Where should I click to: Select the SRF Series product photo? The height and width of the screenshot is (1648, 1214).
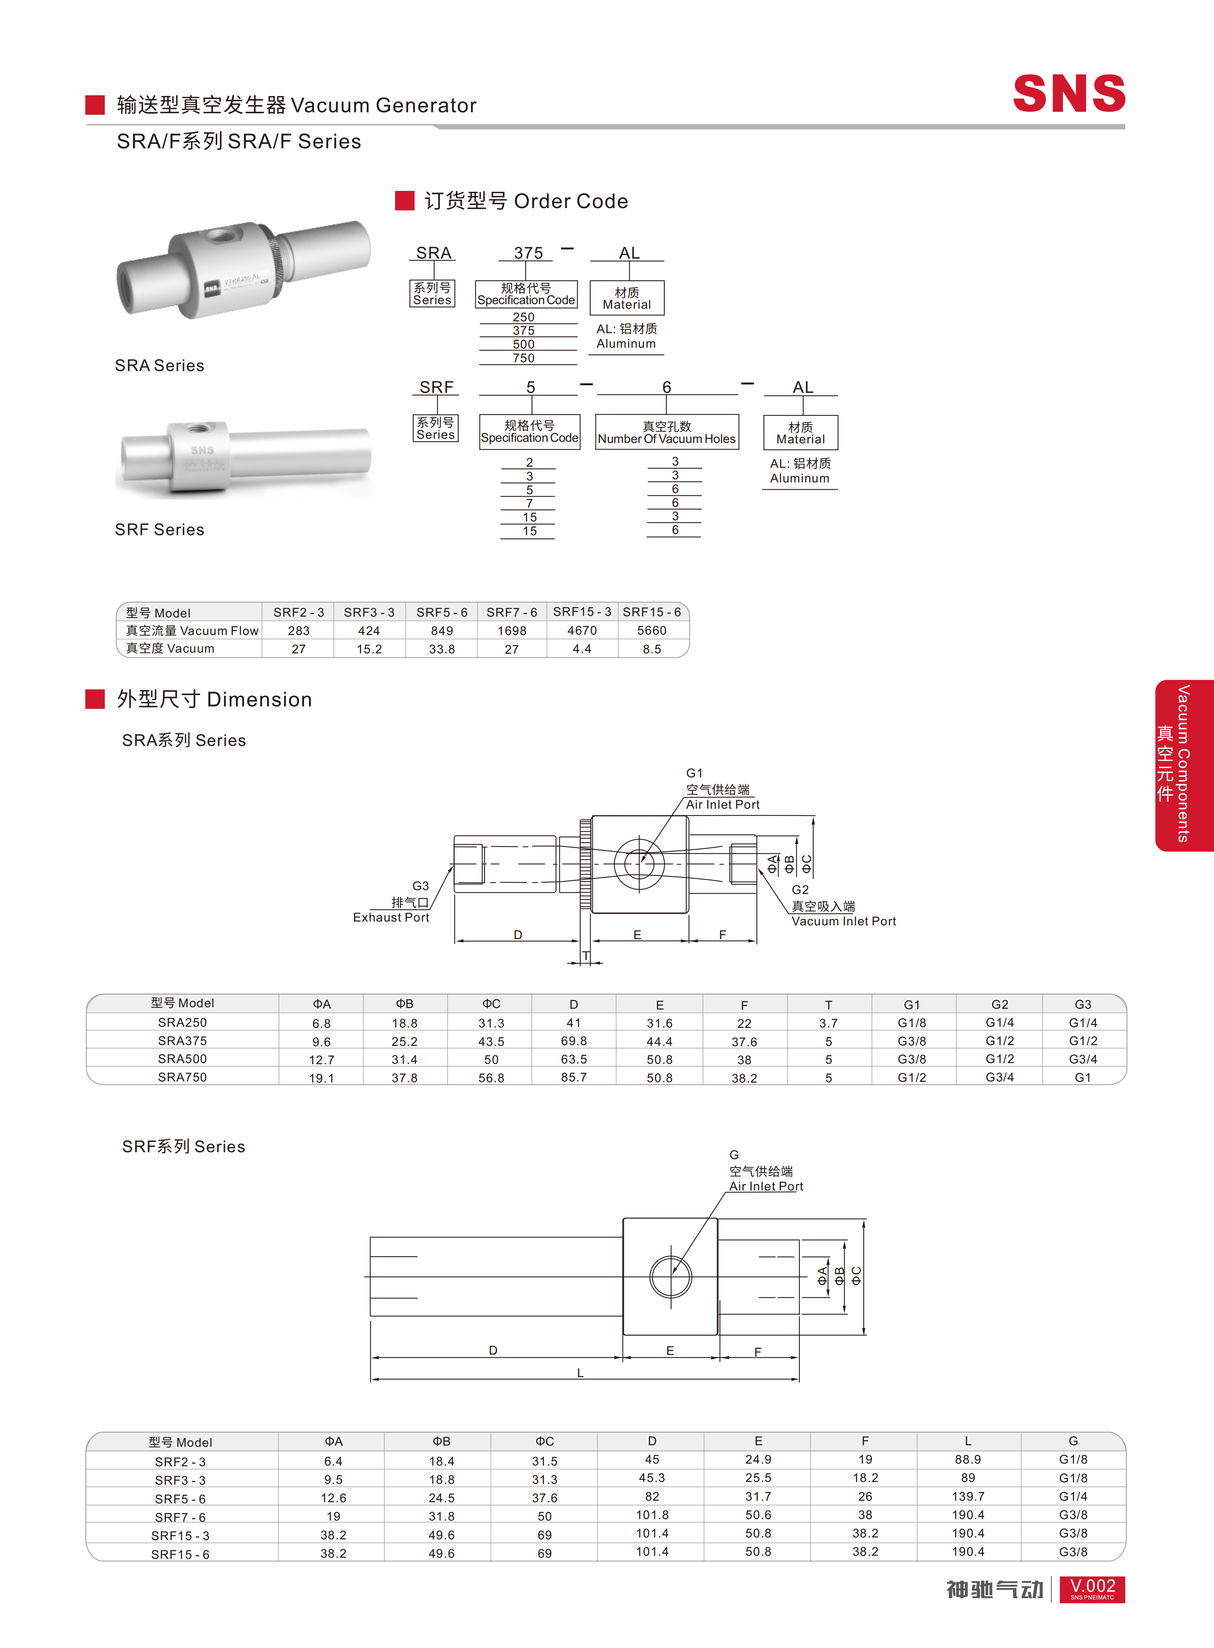pos(246,459)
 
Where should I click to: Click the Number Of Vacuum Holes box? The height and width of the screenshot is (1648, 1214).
pos(667,432)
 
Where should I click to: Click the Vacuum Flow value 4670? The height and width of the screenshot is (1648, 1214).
pos(582,631)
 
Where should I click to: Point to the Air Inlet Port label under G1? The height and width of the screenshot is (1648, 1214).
pos(723,805)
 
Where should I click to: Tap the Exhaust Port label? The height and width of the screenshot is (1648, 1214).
pos(391,917)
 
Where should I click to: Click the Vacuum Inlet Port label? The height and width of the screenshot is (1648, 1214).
pos(844,921)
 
